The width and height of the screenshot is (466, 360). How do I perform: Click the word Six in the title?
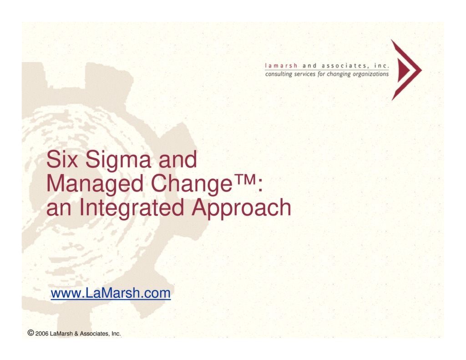click(62, 160)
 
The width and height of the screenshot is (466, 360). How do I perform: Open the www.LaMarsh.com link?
click(111, 294)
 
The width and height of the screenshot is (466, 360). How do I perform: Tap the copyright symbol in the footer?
click(30, 333)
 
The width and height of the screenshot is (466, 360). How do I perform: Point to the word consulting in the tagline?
click(277, 74)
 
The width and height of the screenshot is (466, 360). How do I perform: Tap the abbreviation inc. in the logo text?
click(381, 66)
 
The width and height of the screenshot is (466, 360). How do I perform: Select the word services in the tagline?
click(303, 74)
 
